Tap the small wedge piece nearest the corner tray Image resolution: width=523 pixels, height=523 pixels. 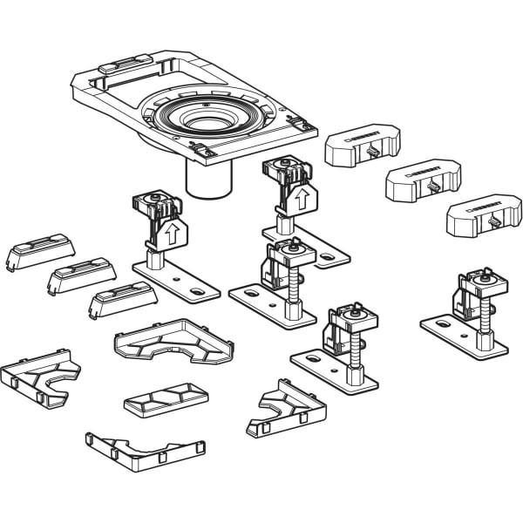coord(123,301)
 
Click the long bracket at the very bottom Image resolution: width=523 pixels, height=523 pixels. coord(146,445)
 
